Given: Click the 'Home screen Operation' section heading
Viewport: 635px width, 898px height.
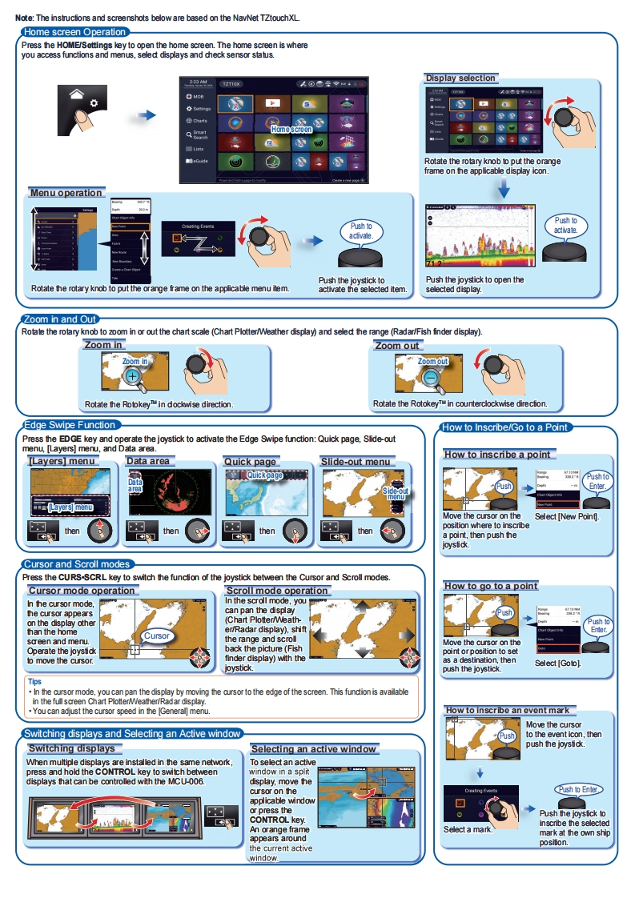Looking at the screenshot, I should [x=75, y=32].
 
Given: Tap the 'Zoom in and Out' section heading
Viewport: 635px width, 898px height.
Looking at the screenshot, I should [x=60, y=319].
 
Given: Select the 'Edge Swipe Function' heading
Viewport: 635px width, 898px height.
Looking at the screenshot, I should [x=70, y=425].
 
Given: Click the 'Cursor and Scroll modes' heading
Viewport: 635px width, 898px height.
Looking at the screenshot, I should [x=77, y=564].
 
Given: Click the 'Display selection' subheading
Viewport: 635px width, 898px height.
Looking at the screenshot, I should [x=460, y=78].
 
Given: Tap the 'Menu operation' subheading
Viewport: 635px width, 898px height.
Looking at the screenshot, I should [x=66, y=193].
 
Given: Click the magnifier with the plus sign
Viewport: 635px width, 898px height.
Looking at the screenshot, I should [x=133, y=375].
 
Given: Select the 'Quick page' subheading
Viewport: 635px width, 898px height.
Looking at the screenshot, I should [x=250, y=462].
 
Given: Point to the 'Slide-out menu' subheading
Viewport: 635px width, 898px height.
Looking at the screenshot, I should [x=355, y=462].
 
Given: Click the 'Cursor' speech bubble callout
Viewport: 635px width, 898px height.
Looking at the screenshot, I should [x=157, y=635].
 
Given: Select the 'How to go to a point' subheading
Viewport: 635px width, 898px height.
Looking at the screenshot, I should [x=491, y=586].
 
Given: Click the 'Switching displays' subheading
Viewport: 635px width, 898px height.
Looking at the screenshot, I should [x=75, y=748].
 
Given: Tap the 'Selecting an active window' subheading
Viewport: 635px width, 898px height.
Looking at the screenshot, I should [x=313, y=749].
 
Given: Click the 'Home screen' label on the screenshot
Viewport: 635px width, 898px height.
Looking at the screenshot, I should [x=291, y=129].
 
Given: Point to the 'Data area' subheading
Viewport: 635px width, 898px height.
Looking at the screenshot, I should [x=148, y=462].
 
